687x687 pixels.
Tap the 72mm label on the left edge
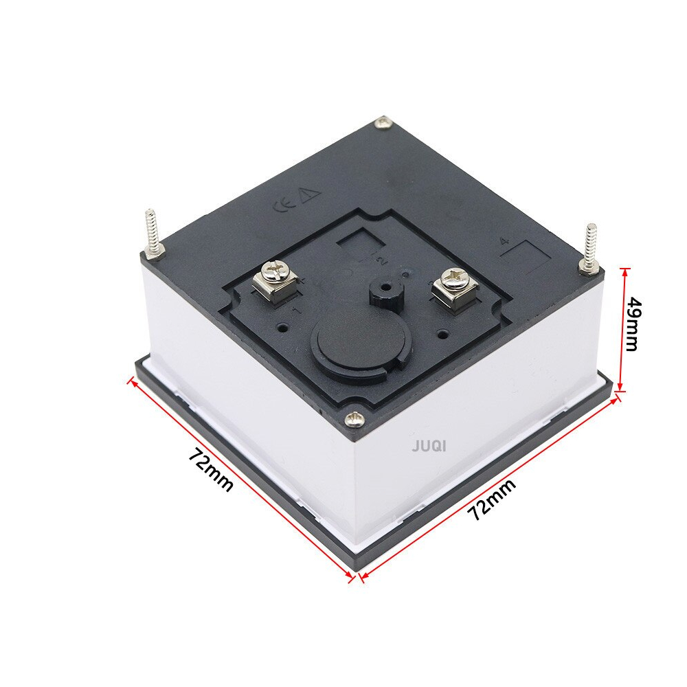[210, 470]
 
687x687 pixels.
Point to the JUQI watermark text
[429, 447]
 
